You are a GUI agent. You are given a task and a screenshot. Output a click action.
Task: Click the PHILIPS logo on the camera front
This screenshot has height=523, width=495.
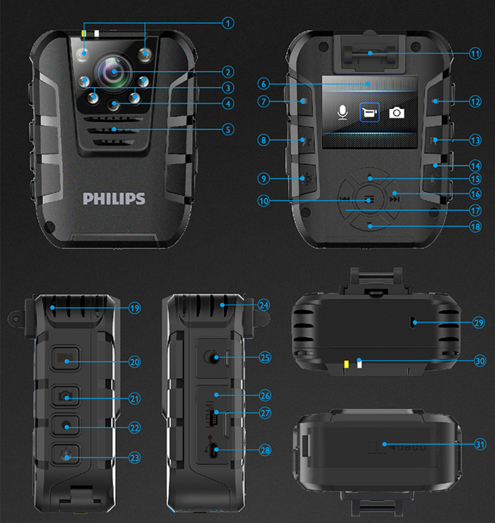[x=114, y=198]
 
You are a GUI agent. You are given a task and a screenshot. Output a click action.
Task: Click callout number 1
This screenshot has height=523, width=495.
[x=228, y=23]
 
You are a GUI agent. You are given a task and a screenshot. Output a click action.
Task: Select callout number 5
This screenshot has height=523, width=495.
[x=228, y=129]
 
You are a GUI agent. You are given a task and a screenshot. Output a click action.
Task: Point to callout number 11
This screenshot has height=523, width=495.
[x=474, y=52]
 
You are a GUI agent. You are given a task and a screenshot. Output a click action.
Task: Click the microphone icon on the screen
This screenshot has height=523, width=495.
[x=342, y=112]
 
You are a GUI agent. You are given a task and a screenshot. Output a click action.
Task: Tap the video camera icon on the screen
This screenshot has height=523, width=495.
[x=369, y=112]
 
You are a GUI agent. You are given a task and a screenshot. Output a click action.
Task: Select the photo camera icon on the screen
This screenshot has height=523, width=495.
[x=397, y=112]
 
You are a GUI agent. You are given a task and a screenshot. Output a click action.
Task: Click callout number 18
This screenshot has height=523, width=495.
[x=474, y=226]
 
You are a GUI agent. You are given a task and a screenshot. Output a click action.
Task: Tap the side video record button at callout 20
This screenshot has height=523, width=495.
[x=66, y=358]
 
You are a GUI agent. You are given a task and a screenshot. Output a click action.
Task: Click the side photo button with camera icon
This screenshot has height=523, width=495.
[x=66, y=396]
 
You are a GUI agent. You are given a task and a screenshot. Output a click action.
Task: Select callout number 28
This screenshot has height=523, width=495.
[x=264, y=450]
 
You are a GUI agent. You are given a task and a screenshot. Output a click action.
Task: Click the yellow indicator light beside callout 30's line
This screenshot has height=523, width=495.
[x=346, y=365]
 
